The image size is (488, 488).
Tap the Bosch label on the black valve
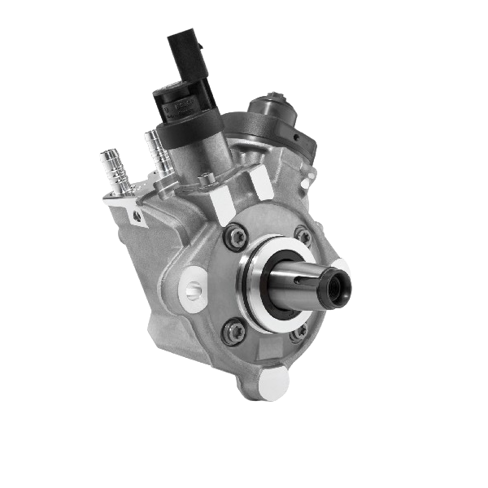(x=180, y=107)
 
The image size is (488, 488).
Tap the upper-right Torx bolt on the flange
(x=303, y=237)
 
